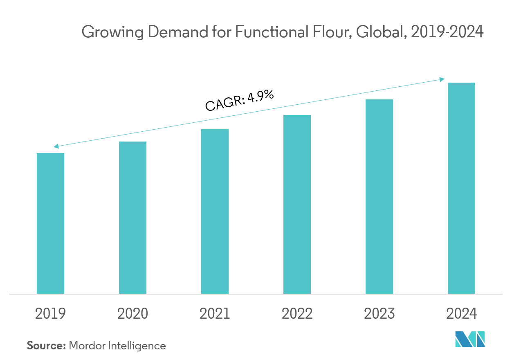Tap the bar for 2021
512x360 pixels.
[215, 212]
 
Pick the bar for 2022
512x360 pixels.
[297, 205]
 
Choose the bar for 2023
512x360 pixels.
[379, 197]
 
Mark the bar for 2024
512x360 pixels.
[461, 189]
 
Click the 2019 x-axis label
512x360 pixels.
[50, 314]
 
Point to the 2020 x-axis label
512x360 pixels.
[132, 314]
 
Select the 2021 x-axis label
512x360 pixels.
[215, 314]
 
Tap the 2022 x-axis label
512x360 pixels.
[297, 314]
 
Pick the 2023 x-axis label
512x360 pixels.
[379, 314]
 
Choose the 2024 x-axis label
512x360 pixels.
[461, 314]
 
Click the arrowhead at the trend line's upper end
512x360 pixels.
[442, 79]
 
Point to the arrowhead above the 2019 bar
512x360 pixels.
[56, 146]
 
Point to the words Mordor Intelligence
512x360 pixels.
[118, 346]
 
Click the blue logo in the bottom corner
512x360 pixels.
[470, 340]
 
